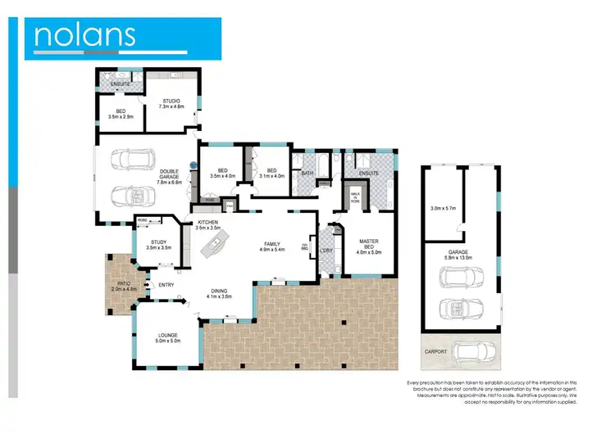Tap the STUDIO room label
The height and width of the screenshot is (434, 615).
171,102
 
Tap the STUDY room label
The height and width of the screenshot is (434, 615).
157,242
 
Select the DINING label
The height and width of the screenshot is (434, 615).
219,291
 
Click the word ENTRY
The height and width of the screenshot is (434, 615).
166,285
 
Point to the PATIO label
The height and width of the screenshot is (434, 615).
125,283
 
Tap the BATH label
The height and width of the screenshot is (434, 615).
307,174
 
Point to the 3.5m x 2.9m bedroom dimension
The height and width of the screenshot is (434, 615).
120,116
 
